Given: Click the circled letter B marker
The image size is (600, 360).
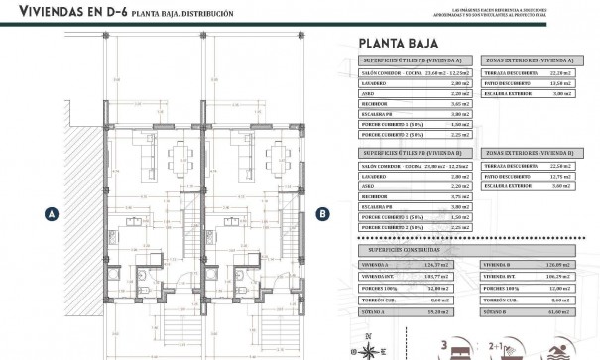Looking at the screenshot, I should (321, 212).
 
